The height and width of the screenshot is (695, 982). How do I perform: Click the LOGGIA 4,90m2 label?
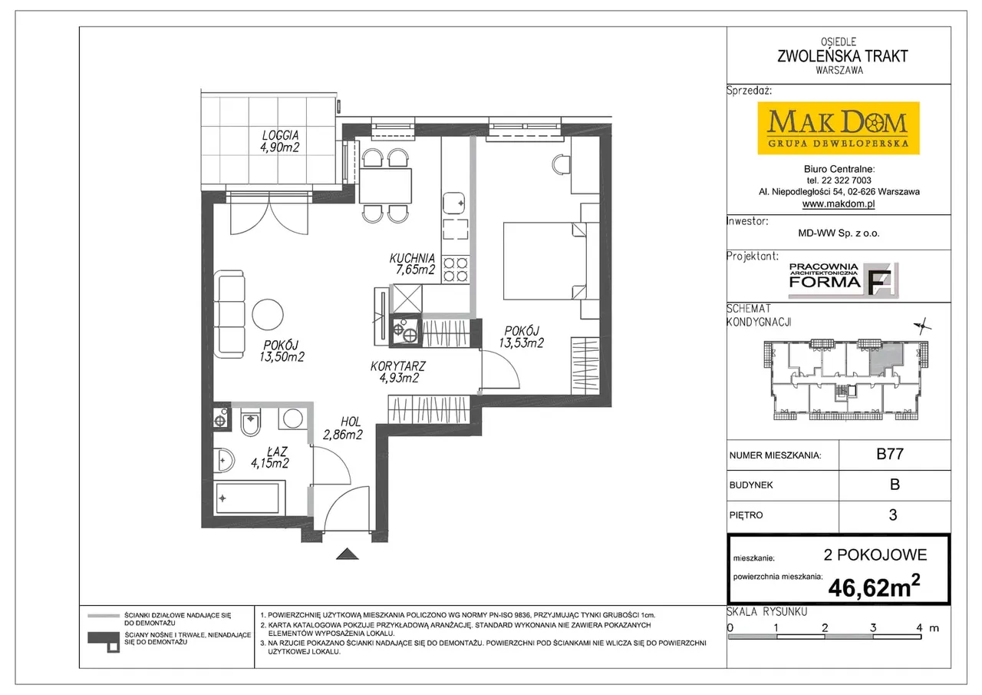tap(280, 141)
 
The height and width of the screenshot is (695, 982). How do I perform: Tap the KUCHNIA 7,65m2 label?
tap(412, 263)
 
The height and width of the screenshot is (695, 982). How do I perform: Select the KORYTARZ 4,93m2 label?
tap(397, 372)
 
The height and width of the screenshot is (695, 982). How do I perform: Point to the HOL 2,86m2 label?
tap(343, 429)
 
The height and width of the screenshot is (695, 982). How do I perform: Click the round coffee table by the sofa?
tap(268, 315)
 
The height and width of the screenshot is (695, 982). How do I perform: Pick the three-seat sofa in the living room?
tap(229, 314)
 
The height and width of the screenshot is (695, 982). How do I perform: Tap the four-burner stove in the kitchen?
tap(456, 270)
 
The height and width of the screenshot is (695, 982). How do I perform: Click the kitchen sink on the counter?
tap(453, 203)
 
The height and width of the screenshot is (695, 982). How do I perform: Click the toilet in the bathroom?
tap(250, 422)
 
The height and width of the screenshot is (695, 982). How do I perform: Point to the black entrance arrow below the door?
tap(348, 554)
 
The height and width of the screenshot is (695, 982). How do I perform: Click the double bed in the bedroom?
tap(545, 261)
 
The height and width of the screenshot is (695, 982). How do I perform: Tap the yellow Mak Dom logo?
tap(839, 128)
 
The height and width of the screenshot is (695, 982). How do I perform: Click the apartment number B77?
tap(889, 454)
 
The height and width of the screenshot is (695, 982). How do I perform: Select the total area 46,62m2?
tap(874, 587)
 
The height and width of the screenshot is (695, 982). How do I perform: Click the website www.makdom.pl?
tap(839, 204)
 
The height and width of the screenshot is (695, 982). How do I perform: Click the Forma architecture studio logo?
tap(843, 280)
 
